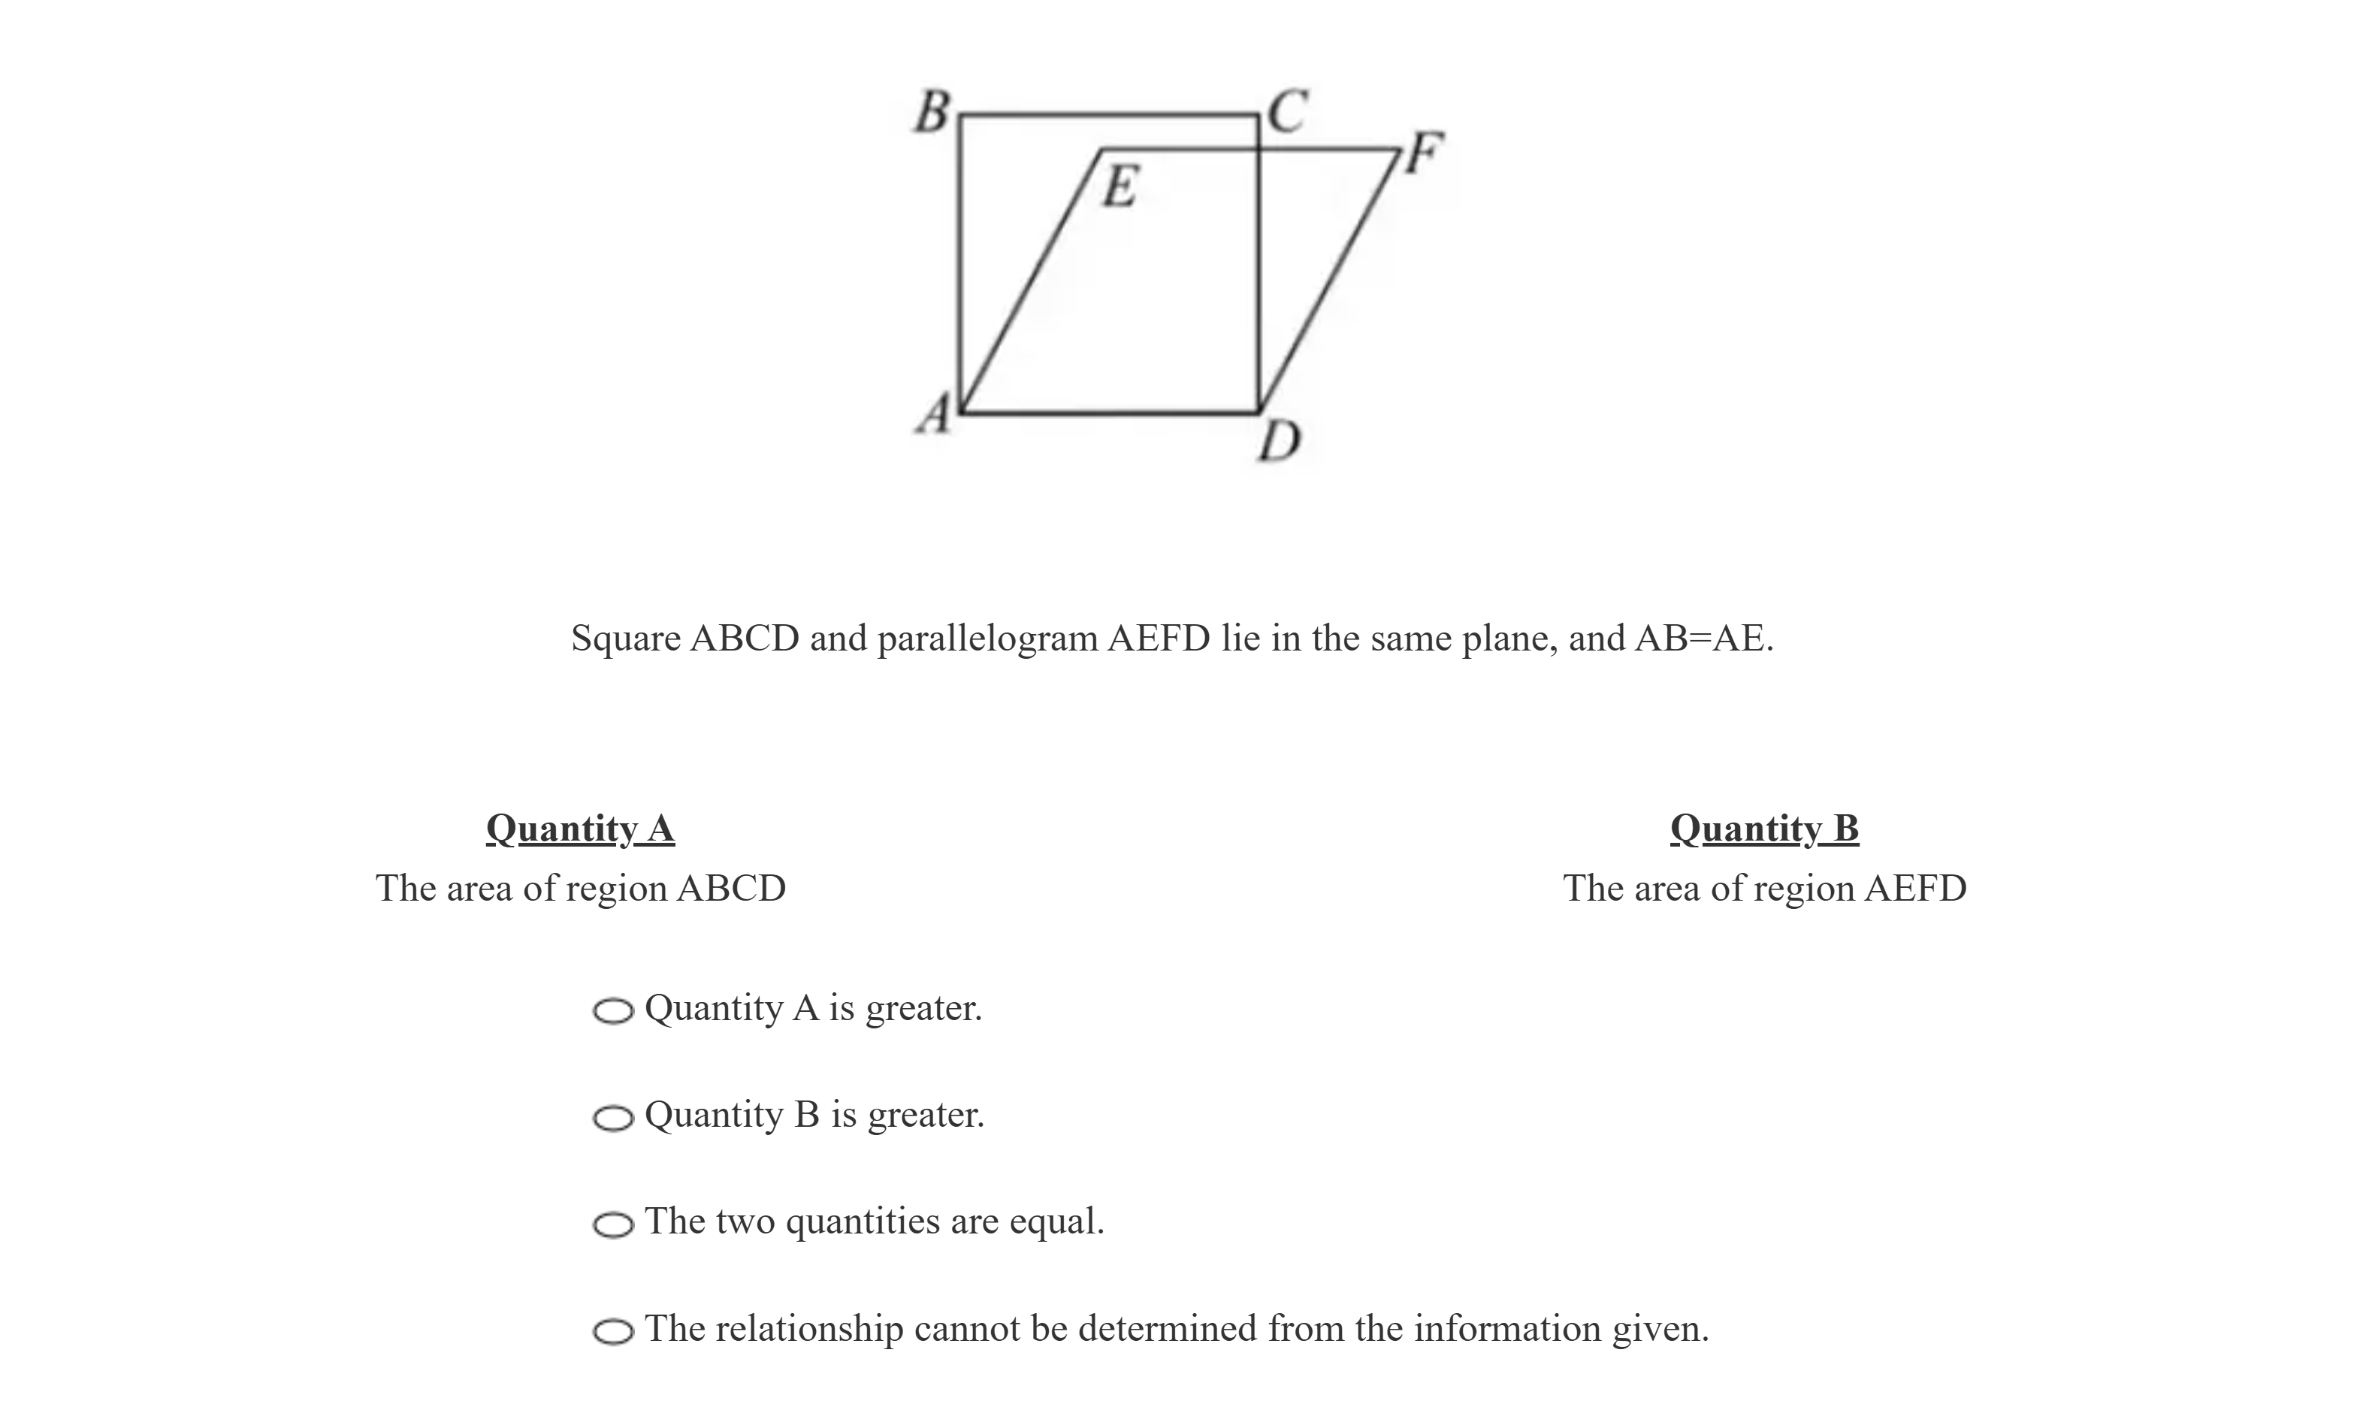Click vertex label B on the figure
click(932, 112)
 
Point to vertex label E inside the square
click(1120, 186)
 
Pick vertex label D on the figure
click(1279, 442)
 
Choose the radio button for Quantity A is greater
click(613, 1011)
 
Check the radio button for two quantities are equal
click(613, 1224)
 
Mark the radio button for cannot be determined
click(613, 1332)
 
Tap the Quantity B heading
click(1764, 829)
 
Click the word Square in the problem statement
click(625, 639)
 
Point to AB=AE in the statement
click(1702, 639)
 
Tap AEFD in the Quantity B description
click(1914, 889)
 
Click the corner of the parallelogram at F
click(1400, 149)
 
